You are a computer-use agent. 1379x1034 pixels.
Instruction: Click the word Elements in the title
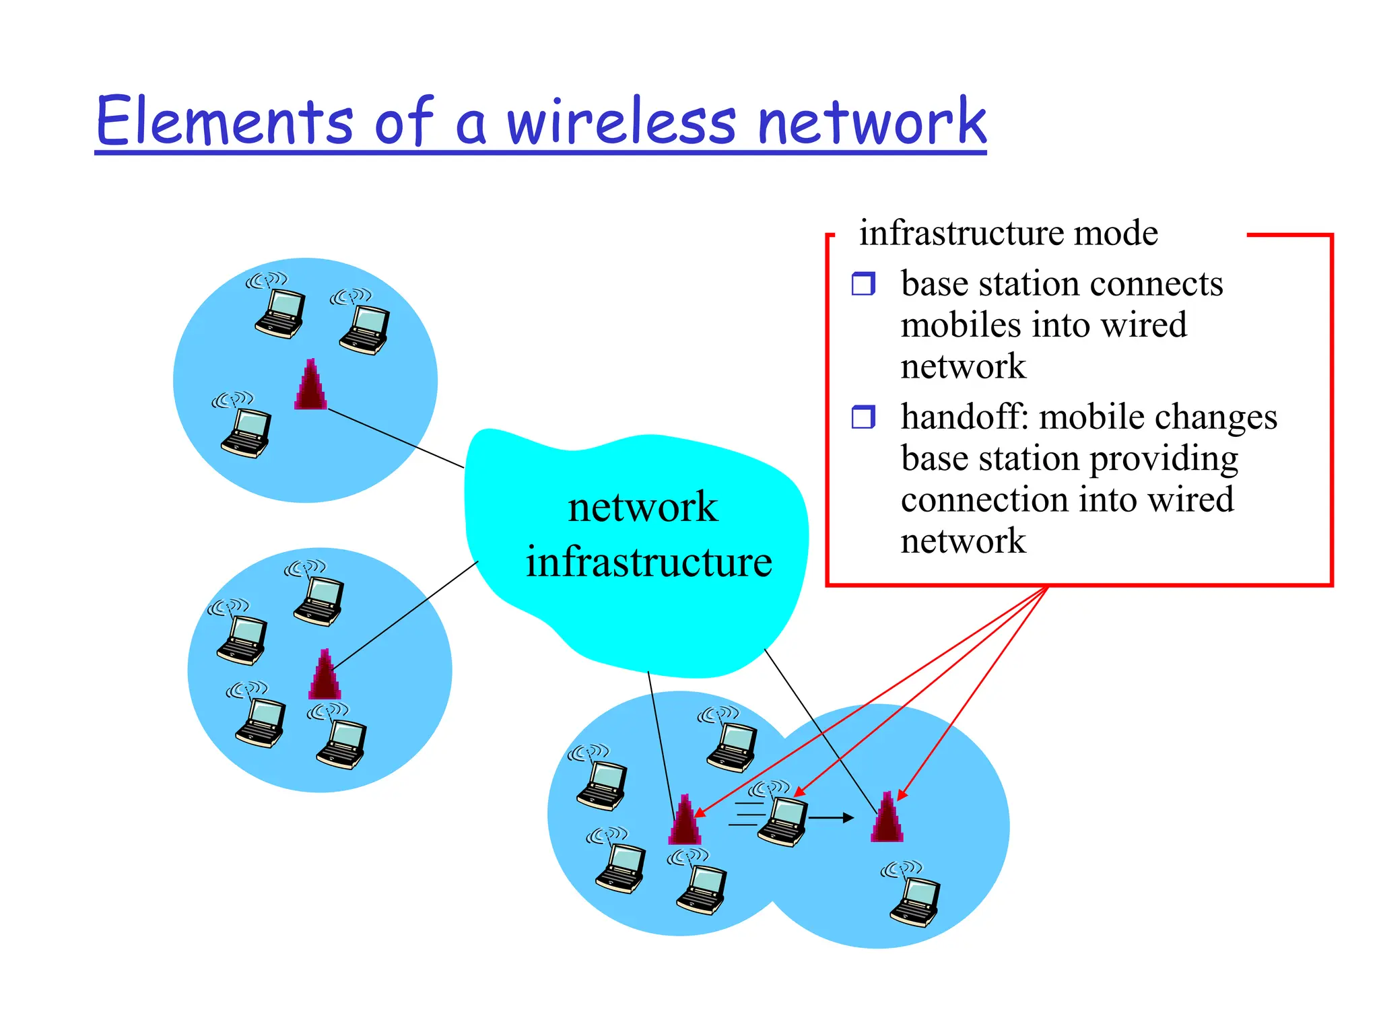(x=224, y=121)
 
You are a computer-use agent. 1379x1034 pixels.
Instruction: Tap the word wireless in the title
(x=621, y=121)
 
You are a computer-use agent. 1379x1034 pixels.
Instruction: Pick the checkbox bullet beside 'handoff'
(x=863, y=417)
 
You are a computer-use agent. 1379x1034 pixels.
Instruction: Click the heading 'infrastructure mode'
(x=1008, y=233)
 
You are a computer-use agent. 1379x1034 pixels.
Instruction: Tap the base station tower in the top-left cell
(x=310, y=385)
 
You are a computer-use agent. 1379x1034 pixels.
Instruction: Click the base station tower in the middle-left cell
(x=325, y=675)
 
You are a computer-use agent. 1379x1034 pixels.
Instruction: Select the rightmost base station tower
(x=887, y=818)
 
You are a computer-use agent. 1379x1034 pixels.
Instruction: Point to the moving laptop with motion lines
(x=782, y=819)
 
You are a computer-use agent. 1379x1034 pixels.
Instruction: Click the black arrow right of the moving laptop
(x=831, y=818)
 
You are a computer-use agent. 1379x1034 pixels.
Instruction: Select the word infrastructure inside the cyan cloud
(x=648, y=562)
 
